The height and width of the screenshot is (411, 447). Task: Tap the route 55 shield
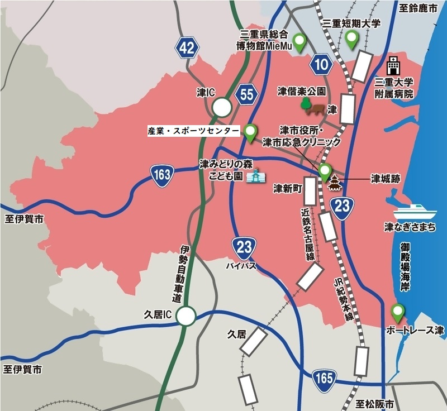[x=246, y=94]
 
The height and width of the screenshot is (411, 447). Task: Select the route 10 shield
[x=321, y=65]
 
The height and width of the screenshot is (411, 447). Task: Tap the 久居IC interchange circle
[x=186, y=317]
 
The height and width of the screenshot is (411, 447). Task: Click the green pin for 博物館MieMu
[x=301, y=42]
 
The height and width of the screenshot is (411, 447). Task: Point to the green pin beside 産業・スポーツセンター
[x=251, y=132]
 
